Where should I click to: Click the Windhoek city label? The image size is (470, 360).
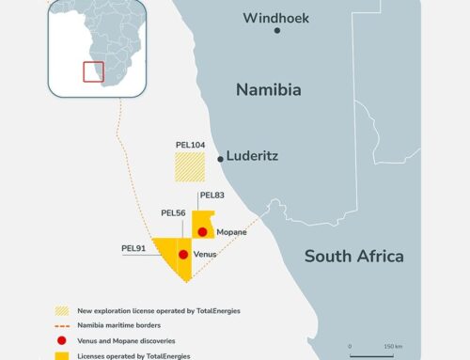[x=274, y=17]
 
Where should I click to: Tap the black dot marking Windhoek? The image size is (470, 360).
[x=277, y=31]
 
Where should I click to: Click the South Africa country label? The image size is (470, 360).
[x=354, y=256]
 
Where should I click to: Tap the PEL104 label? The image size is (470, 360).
[x=190, y=145]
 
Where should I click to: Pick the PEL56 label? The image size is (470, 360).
[x=174, y=213]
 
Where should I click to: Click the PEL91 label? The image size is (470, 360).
[x=134, y=249]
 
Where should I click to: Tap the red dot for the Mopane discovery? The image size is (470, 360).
[x=201, y=231]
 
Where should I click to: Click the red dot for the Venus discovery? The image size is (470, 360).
[x=182, y=254]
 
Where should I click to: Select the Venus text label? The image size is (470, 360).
[x=205, y=254]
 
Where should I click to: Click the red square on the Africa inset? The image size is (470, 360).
[x=93, y=71]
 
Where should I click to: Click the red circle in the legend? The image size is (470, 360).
[x=63, y=340]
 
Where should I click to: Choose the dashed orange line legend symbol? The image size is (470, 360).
[x=63, y=325]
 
